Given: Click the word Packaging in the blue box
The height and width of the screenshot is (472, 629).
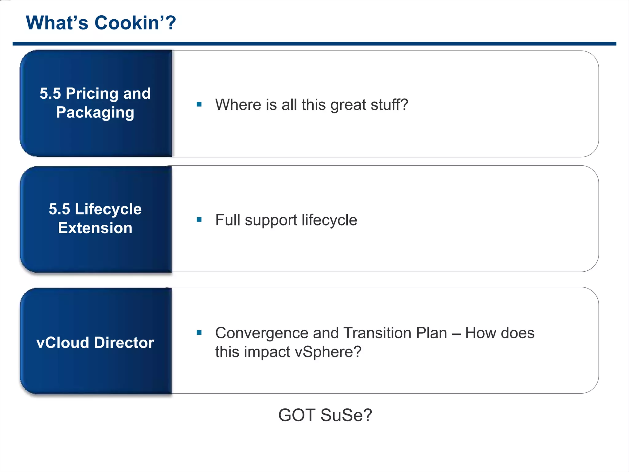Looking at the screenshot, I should click(95, 112).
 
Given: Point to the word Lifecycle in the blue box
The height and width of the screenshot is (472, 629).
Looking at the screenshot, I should click(108, 209).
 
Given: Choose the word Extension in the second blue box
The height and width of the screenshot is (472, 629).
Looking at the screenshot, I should click(95, 228).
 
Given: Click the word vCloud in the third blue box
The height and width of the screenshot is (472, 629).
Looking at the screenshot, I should click(63, 343).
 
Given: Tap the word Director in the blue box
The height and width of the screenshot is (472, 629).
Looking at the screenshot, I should click(124, 343).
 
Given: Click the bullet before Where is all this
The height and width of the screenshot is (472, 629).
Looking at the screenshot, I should click(199, 104).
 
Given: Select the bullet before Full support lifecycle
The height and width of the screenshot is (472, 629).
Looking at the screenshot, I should click(199, 220).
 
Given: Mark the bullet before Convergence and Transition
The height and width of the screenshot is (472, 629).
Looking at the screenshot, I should click(199, 332).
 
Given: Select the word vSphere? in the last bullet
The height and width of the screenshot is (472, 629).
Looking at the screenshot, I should click(328, 352).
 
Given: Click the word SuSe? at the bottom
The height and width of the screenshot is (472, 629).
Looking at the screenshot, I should click(346, 415).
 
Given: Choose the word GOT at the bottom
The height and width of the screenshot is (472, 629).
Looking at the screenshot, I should click(297, 415).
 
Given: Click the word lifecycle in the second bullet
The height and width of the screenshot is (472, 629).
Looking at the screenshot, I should click(329, 220).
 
